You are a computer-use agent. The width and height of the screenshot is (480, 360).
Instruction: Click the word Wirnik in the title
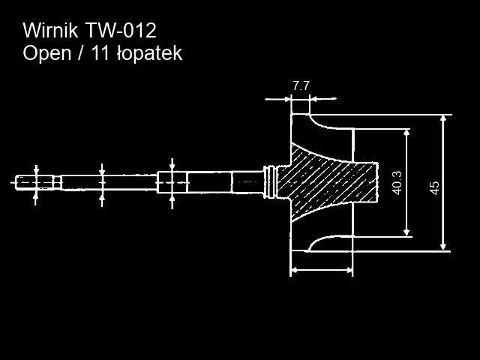pyautogui.click(x=50, y=30)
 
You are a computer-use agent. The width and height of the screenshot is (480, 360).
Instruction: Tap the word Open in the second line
pyautogui.click(x=46, y=53)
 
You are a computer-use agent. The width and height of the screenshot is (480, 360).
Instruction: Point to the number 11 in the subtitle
pyautogui.click(x=100, y=53)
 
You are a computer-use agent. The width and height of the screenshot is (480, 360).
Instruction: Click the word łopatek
pyautogui.click(x=150, y=53)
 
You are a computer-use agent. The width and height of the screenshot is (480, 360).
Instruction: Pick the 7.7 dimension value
pyautogui.click(x=301, y=86)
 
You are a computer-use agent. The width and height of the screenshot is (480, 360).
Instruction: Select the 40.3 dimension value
pyautogui.click(x=397, y=183)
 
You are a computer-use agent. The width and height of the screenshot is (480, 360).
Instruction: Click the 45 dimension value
pyautogui.click(x=434, y=187)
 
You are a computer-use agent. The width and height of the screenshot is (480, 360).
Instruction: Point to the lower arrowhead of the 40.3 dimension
pyautogui.click(x=406, y=232)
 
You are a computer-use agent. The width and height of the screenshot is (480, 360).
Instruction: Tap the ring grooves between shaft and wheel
pyautogui.click(x=270, y=183)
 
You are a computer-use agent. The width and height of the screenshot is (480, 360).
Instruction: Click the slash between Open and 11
pyautogui.click(x=81, y=53)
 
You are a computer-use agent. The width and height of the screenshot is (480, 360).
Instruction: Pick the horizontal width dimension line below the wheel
pyautogui.click(x=322, y=270)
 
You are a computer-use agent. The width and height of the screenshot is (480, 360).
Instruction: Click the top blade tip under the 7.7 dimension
pyautogui.click(x=300, y=115)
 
